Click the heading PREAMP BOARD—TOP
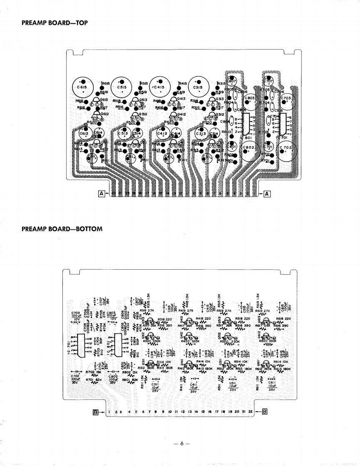point(55,23)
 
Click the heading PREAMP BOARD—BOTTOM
point(62,229)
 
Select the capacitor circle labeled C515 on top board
point(122,87)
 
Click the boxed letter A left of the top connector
point(102,193)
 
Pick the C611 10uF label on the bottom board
point(272,385)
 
